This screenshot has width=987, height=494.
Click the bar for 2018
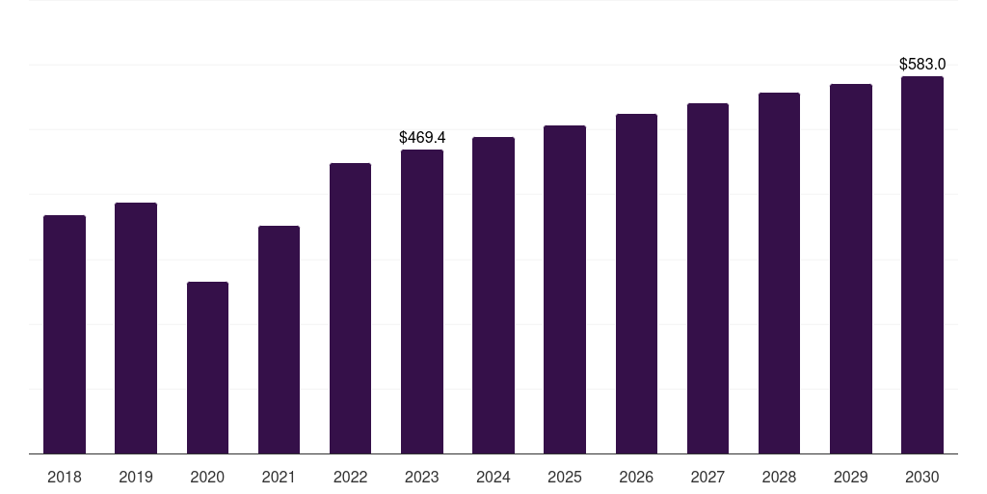[65, 334]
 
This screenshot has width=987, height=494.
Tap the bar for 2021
[279, 340]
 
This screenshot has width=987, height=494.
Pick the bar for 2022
[350, 308]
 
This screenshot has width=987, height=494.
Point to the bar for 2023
[422, 301]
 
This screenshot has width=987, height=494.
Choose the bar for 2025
[565, 289]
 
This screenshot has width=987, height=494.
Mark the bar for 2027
[707, 278]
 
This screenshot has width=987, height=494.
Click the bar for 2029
[851, 268]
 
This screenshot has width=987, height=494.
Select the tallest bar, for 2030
[922, 264]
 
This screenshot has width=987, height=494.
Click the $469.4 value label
[422, 138]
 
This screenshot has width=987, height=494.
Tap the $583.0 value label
[922, 65]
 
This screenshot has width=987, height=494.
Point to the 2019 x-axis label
[136, 477]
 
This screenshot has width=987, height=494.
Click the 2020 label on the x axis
[207, 477]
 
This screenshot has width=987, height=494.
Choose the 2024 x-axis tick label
[493, 477]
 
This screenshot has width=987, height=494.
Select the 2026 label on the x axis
[636, 477]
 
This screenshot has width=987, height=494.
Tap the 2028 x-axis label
[779, 477]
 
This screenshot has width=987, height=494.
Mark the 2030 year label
[922, 477]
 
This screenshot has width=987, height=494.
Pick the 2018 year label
[65, 477]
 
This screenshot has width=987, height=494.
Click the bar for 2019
[136, 328]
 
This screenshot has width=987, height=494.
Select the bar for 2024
[493, 295]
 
